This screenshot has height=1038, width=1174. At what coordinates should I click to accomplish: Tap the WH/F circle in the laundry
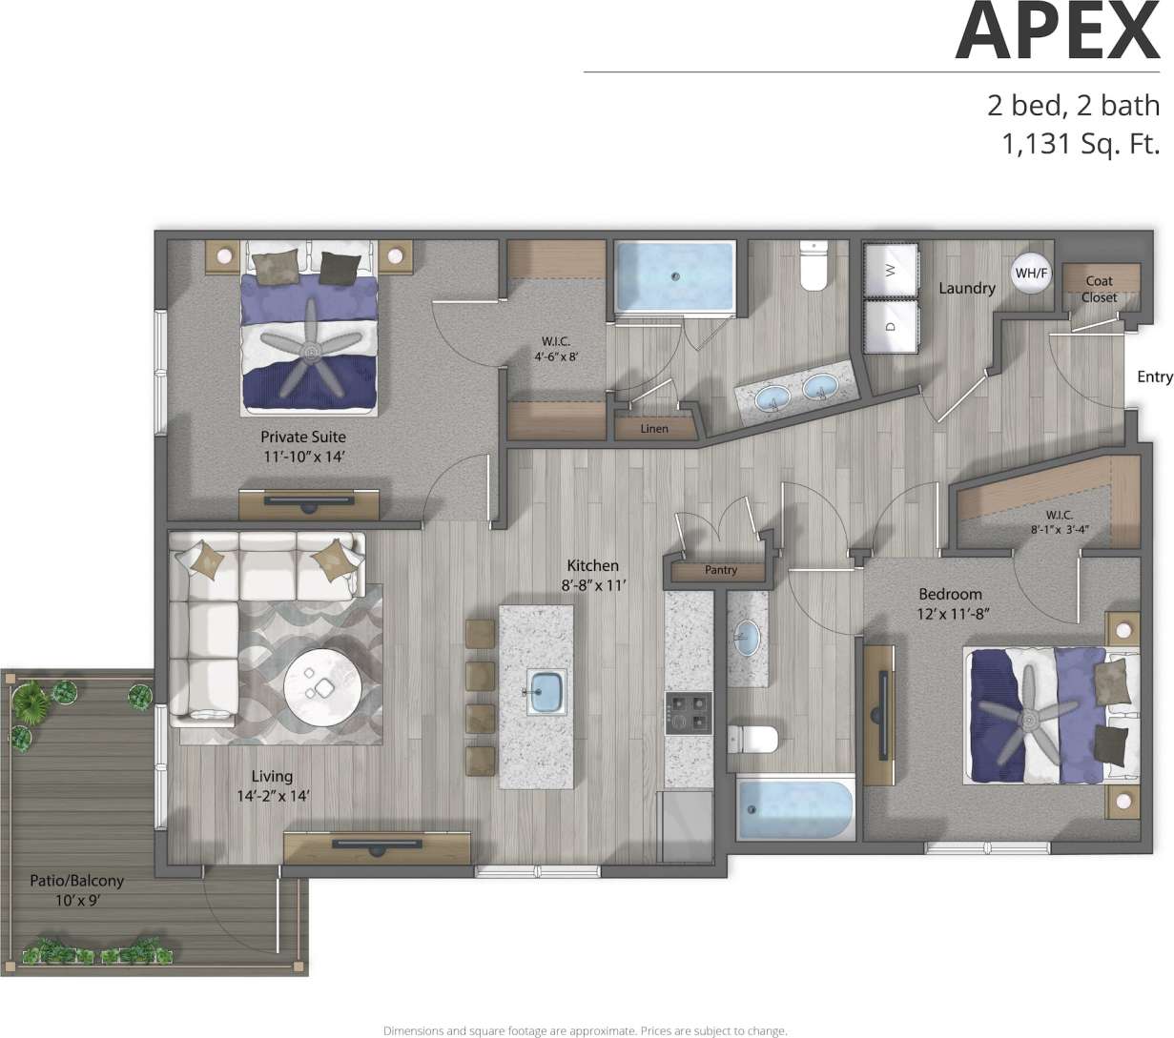pos(1031,274)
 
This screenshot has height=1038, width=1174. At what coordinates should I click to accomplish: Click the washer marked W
pos(891,270)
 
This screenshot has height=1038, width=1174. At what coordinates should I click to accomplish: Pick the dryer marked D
pos(891,325)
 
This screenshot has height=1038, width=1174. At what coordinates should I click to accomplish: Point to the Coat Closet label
pos(1099,289)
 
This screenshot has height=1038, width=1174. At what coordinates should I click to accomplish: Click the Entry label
pos(1154,377)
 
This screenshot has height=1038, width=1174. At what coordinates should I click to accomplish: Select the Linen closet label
pos(654,428)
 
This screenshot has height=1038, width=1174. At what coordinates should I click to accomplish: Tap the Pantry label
pos(721,570)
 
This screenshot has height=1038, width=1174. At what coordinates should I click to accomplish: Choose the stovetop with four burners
pos(689,713)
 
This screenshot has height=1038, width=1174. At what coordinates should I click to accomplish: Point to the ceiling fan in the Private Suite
pos(311,353)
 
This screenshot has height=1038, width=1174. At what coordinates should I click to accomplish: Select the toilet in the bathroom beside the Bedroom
pos(752,739)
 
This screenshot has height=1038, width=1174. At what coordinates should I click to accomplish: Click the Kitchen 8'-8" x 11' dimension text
pos(592,576)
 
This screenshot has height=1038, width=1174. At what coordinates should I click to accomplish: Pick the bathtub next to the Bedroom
pos(795,809)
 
